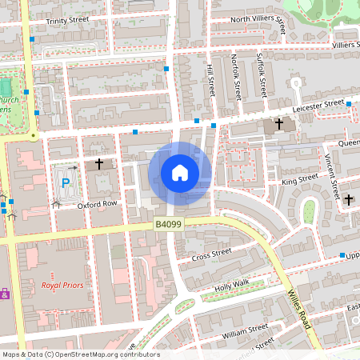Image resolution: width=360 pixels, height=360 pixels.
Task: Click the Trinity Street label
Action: point(68,22)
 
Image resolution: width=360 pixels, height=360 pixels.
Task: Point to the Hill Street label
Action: point(211,81)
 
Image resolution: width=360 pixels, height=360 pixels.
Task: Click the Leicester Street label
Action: point(318,105)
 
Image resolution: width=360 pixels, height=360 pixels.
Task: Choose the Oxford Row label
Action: point(97,204)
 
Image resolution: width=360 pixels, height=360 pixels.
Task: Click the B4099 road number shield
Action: point(169,226)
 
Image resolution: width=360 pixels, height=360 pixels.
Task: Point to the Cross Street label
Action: point(212,254)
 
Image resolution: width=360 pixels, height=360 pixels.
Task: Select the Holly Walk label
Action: point(233,285)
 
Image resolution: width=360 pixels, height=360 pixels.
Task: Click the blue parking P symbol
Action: point(66,183)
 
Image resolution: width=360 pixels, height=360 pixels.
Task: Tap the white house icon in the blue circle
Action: point(179,173)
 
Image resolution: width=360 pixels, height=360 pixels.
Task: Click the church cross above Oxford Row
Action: point(99,164)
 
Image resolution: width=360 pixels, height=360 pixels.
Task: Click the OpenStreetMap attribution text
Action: point(80,354)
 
